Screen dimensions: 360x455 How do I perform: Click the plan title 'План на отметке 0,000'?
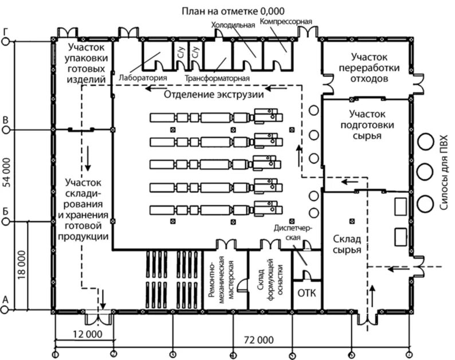click(233, 11)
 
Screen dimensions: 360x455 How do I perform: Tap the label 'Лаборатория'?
click(143, 77)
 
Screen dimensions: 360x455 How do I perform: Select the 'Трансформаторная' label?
click(217, 77)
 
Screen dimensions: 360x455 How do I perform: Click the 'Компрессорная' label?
click(285, 22)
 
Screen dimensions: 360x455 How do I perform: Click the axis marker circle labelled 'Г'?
click(6, 40)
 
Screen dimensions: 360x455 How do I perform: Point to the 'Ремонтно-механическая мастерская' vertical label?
click(227, 279)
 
